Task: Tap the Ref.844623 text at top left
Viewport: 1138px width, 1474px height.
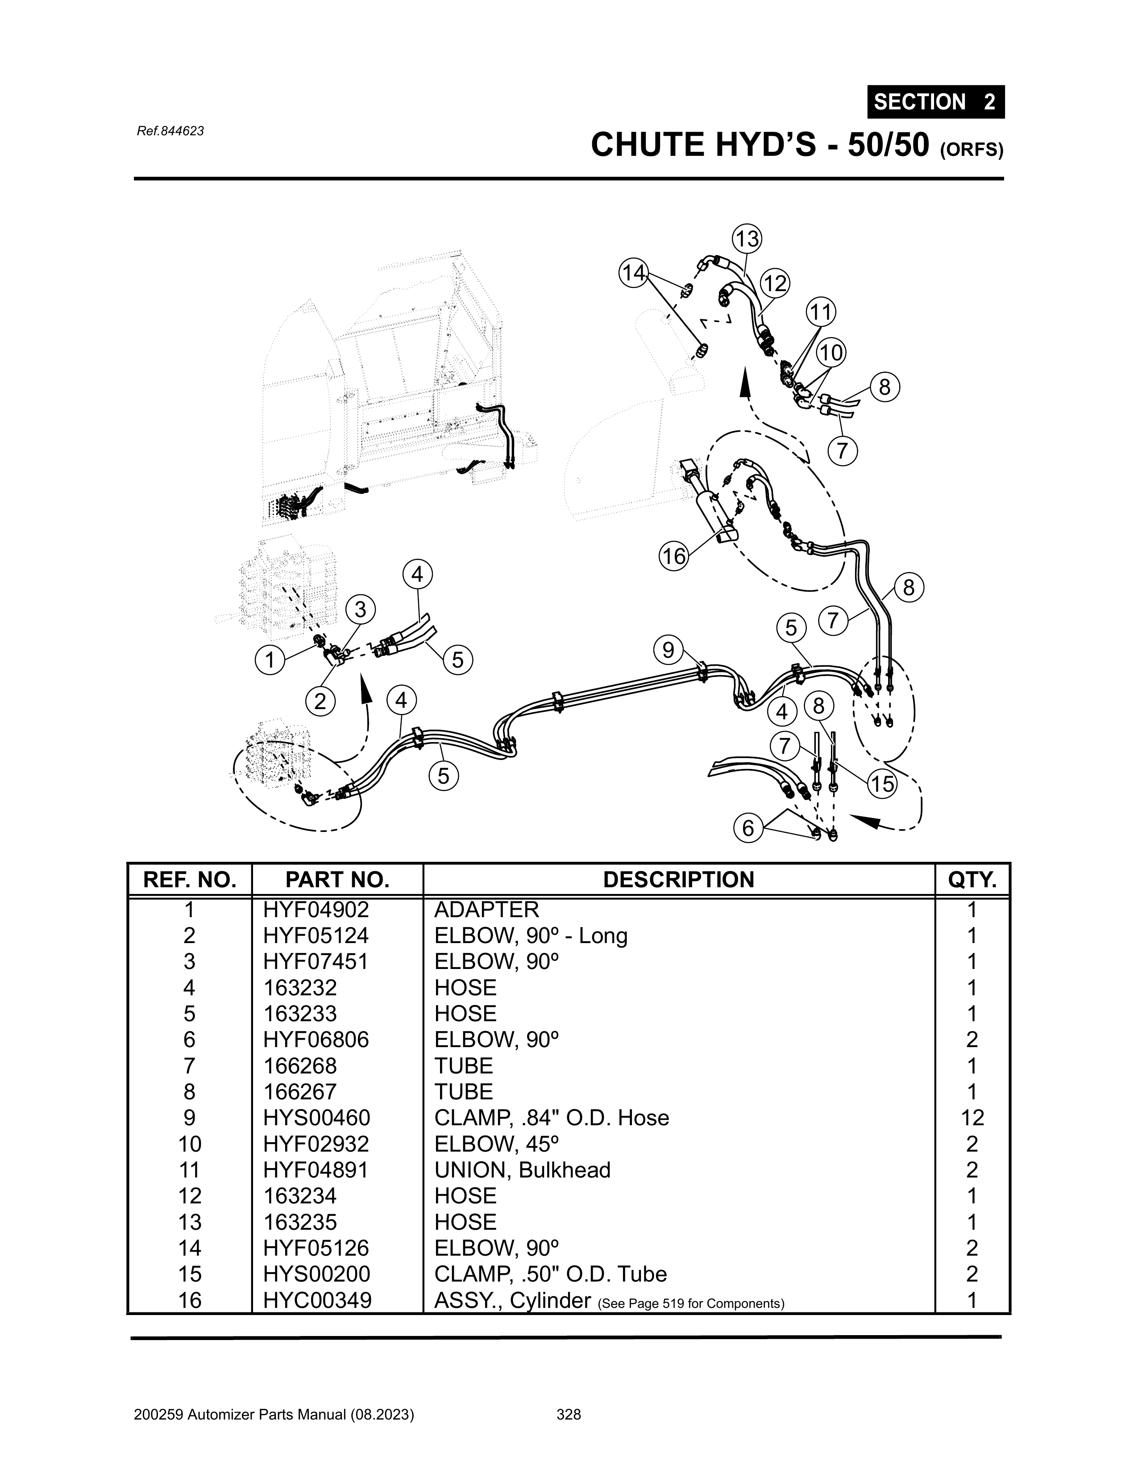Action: pos(170,131)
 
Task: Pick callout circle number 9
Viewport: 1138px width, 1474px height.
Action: pos(668,650)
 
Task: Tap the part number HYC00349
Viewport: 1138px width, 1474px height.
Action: pos(317,1300)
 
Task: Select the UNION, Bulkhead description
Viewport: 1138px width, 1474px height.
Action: pos(522,1169)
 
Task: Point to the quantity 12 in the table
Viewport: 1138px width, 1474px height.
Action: pos(972,1118)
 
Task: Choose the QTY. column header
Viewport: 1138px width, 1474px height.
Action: pos(972,880)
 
